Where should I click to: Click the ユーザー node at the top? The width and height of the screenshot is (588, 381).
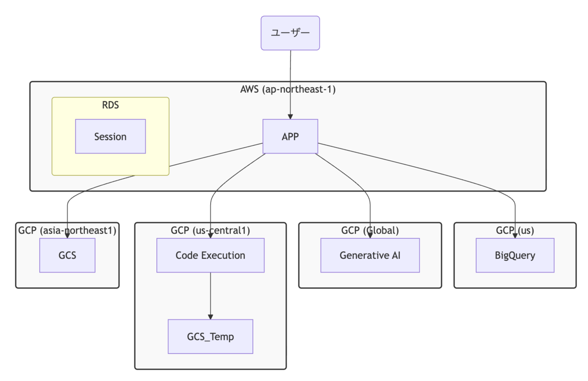point(290,33)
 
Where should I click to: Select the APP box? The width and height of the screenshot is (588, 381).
point(290,136)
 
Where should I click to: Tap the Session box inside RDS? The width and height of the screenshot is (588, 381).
point(111,136)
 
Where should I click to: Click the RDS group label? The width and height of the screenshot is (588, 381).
point(111,105)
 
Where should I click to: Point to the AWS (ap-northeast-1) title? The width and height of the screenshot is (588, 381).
point(288,89)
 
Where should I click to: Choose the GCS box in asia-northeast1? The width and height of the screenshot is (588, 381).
point(68,255)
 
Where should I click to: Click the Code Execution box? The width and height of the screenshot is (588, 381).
point(211,255)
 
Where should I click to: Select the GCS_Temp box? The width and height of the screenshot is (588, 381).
point(211,336)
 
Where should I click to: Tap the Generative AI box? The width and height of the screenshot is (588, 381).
point(370,255)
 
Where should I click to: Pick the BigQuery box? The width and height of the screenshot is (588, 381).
point(515,255)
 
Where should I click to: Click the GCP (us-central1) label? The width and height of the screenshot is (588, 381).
point(211,230)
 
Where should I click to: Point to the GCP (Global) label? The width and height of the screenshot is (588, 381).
point(370,230)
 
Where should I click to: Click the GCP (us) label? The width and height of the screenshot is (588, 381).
point(515,230)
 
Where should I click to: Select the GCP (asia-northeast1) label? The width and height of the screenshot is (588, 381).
point(67,230)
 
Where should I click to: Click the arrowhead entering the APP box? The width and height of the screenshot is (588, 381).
point(290,117)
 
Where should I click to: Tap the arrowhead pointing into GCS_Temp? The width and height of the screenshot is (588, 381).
point(211,317)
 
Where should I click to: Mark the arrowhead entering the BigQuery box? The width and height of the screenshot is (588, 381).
point(515,236)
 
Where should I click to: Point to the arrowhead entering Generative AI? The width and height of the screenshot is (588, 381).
point(370,236)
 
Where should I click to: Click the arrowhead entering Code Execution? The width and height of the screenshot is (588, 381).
point(211,236)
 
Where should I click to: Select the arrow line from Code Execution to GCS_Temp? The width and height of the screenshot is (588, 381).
point(211,296)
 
